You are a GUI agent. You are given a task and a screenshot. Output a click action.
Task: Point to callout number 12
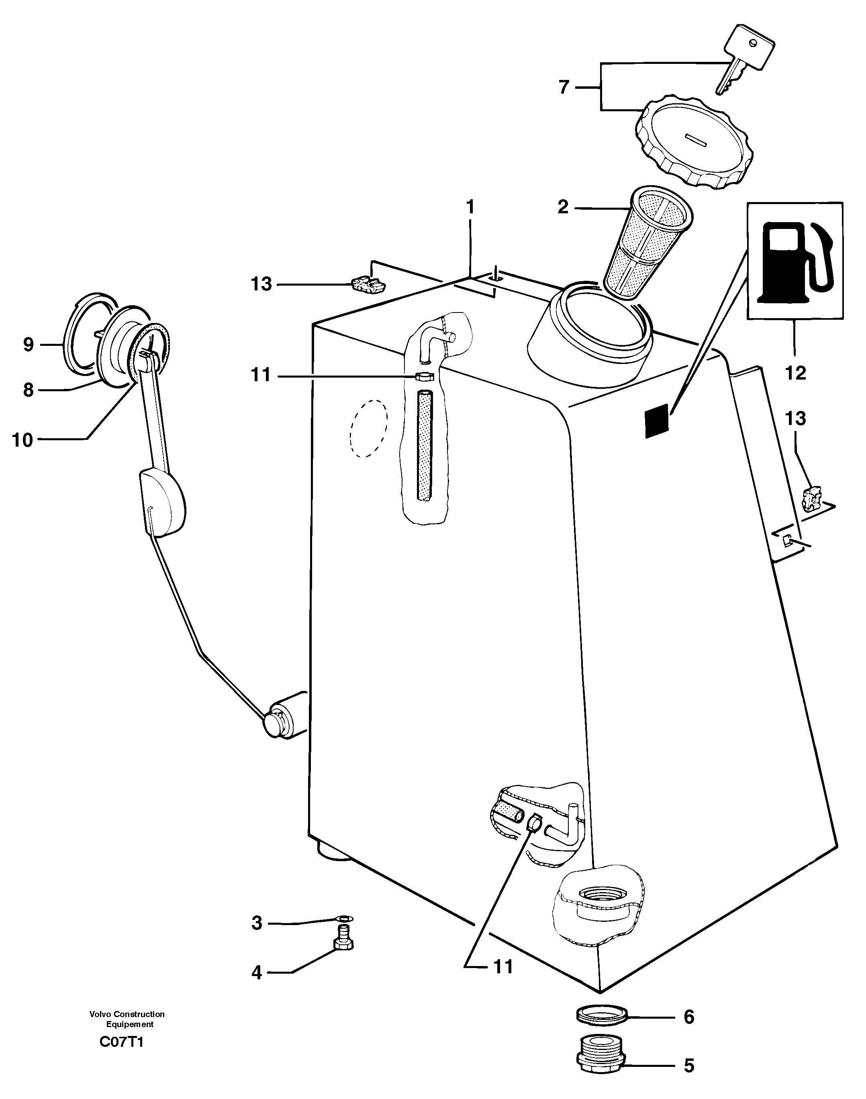pyautogui.click(x=795, y=373)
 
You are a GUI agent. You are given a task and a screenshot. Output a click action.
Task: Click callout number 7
pyautogui.click(x=564, y=88)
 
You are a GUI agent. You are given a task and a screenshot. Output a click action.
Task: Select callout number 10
pyautogui.click(x=22, y=440)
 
